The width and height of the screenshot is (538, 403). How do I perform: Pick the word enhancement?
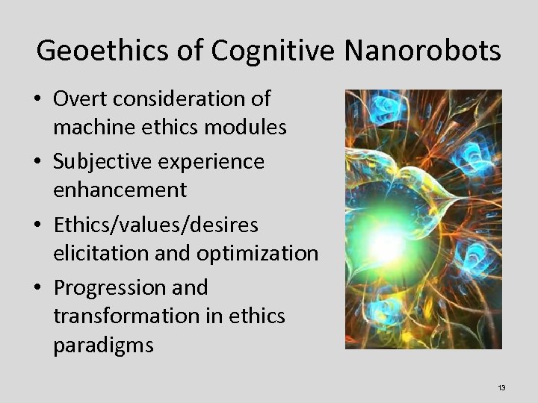120,190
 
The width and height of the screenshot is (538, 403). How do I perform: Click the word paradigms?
103,346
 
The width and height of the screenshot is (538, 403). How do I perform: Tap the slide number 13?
501,387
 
